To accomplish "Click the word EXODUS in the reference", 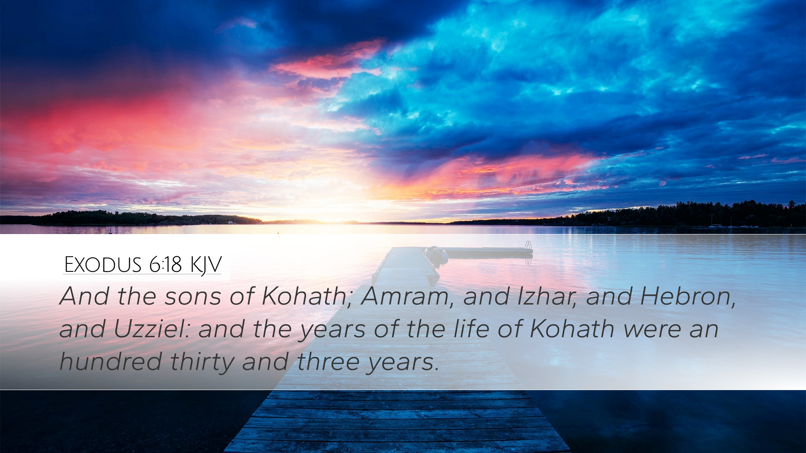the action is [x=103, y=265].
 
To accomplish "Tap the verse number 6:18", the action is [x=165, y=265].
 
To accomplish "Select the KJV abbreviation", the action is [x=206, y=266].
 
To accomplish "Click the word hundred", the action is [x=111, y=362].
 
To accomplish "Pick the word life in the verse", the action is [x=471, y=329].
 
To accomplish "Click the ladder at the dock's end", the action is [x=529, y=246].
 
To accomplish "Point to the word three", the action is [x=329, y=362].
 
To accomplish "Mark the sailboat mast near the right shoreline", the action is [x=711, y=221].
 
